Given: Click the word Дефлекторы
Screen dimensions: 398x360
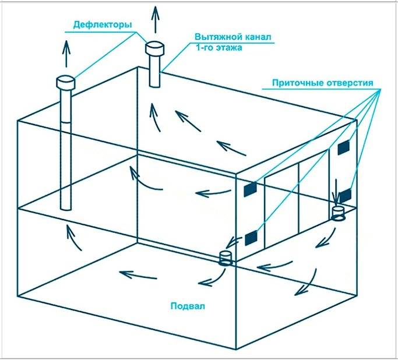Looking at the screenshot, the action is coord(103,25).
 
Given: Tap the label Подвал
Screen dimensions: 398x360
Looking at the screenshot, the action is coord(188,306).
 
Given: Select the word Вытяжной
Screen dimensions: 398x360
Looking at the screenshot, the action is coord(218,37).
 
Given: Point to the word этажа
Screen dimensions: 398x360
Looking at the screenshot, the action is coord(229,48).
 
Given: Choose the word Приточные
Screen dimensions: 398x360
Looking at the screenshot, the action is coord(298,83).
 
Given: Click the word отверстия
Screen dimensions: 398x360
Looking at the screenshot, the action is coord(350,83).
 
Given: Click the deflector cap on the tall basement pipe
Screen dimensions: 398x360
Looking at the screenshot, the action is coord(65,82).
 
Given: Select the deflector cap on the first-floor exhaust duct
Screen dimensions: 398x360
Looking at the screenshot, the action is coord(154,48).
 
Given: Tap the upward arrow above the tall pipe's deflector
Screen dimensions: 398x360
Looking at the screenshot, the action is coord(66,54).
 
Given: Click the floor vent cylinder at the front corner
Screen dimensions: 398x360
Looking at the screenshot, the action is coord(226,258).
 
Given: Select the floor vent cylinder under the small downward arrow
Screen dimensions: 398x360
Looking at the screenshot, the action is coord(338,214).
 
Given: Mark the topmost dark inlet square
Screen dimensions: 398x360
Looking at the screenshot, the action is coord(343,147).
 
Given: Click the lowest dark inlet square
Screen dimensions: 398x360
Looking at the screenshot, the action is coord(251,238).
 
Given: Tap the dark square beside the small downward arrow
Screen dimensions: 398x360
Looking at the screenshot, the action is coord(346,196).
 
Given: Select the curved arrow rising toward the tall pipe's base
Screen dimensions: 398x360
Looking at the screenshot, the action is coord(73,237).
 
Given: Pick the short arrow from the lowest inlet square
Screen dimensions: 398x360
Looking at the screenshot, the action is coord(234,242).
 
